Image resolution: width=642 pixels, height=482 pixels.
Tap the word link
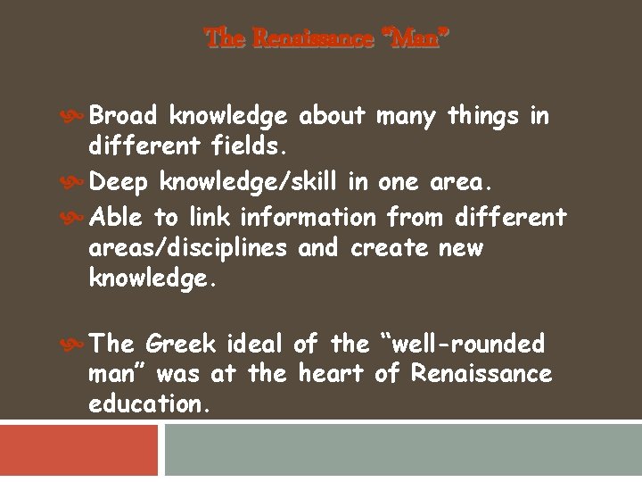[x=208, y=217]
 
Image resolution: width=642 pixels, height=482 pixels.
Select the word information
[x=309, y=217]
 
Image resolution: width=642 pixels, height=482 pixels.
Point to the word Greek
[x=180, y=344]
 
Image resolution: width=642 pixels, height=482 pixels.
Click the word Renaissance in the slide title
[x=313, y=39]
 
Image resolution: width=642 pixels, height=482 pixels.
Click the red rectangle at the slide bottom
[x=78, y=450]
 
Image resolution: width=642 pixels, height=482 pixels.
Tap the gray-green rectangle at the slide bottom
[x=402, y=450]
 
